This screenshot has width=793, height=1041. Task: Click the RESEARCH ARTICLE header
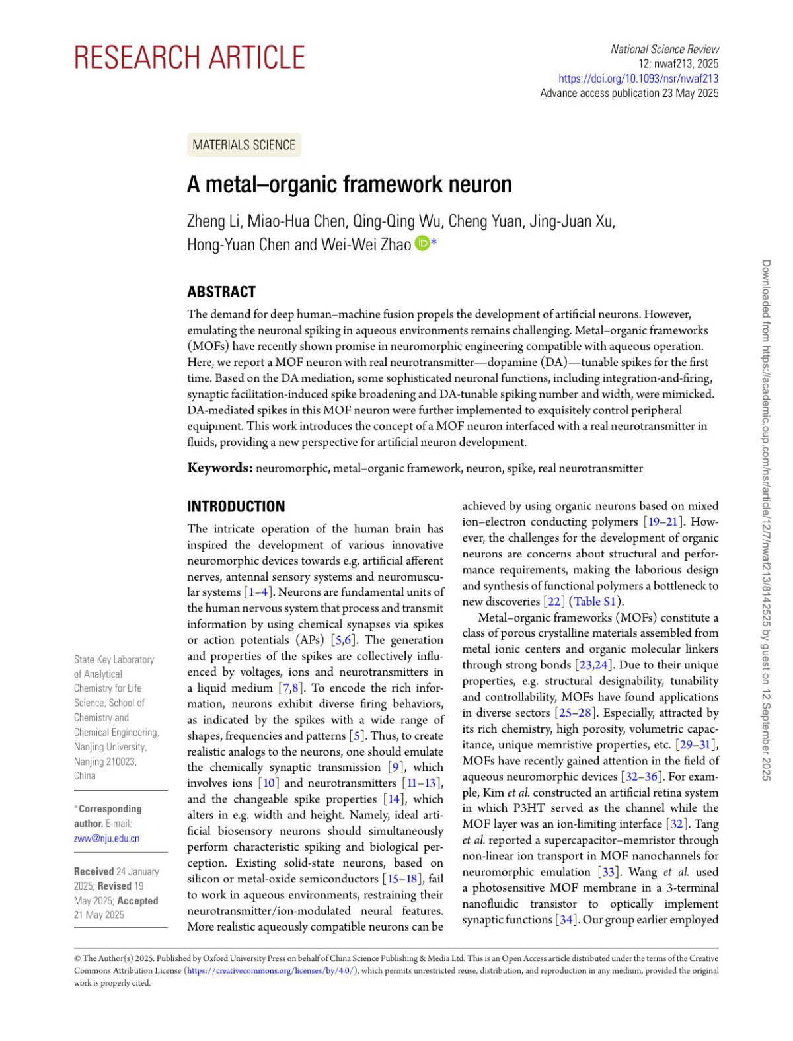(189, 58)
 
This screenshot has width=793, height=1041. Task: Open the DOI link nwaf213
(638, 79)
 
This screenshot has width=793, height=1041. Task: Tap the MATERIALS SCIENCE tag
(244, 145)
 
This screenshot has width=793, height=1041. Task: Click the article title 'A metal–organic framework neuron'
(349, 184)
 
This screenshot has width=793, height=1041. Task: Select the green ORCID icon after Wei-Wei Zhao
(422, 244)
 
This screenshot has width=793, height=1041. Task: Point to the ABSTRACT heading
(221, 292)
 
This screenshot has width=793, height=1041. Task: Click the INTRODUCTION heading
(236, 507)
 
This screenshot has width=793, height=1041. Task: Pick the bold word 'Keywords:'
(220, 468)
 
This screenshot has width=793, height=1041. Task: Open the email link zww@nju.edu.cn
(106, 838)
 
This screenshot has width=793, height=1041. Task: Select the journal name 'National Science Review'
(664, 50)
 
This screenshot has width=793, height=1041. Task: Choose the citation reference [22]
(553, 602)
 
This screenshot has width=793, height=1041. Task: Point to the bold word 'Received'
(93, 871)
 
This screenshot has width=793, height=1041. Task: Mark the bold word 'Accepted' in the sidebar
(137, 900)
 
